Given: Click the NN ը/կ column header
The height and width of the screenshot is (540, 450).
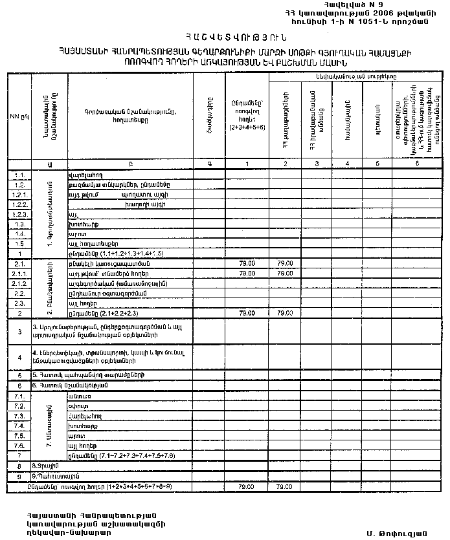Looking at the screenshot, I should [x=18, y=116].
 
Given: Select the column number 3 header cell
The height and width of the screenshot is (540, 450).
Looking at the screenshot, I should [x=316, y=164].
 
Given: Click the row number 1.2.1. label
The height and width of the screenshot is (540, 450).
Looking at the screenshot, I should [x=19, y=195].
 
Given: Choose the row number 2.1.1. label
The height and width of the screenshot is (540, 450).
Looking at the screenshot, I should [x=19, y=274].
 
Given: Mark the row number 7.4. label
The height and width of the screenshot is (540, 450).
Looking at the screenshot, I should [x=19, y=427].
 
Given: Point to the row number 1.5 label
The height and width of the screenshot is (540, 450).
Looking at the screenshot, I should [x=19, y=243].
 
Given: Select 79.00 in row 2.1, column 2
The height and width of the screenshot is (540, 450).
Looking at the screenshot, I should [x=285, y=264].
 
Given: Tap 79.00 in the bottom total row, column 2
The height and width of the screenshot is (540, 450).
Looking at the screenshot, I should [x=285, y=486].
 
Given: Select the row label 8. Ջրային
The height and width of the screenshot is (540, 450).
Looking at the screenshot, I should [x=43, y=466].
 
